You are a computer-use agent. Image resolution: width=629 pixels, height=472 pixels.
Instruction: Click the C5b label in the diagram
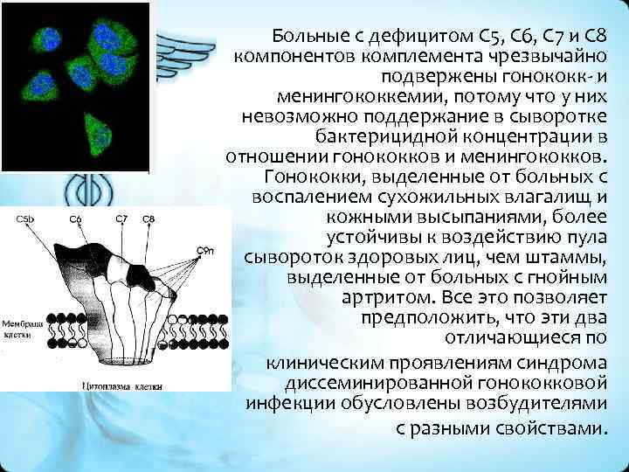coord(25,219)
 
